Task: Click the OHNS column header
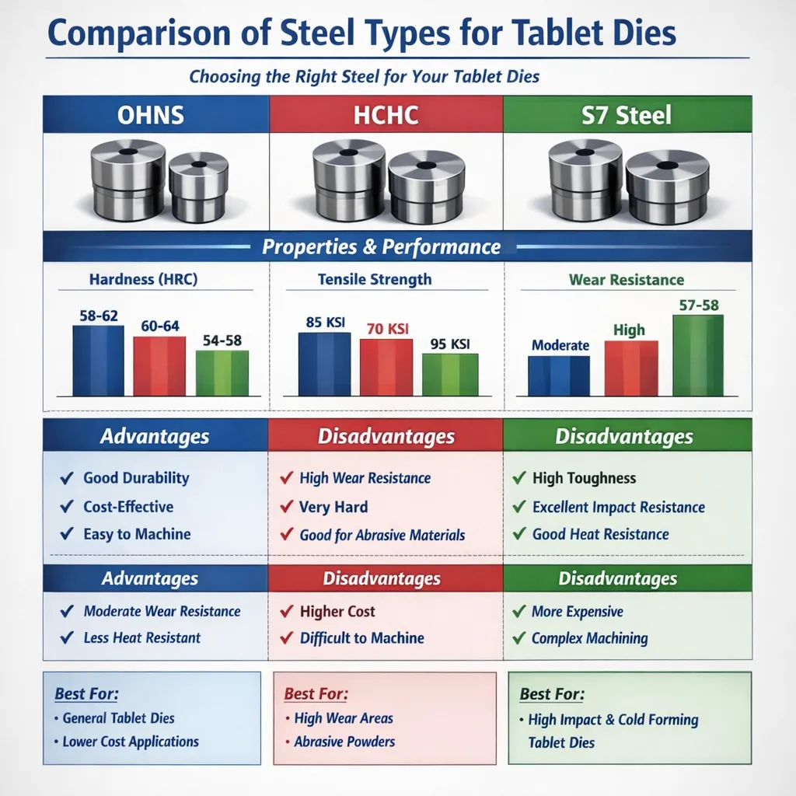(151, 115)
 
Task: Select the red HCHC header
(386, 115)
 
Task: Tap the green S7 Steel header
(627, 115)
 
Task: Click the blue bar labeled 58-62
(98, 361)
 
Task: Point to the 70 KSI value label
(386, 329)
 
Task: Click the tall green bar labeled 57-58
(697, 355)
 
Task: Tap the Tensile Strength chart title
(375, 279)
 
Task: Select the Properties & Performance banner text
(381, 247)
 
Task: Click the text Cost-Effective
(128, 507)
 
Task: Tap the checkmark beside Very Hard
(286, 508)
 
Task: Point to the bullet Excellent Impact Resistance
(618, 508)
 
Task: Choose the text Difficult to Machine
(361, 638)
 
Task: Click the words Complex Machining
(589, 638)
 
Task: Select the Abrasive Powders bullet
(344, 742)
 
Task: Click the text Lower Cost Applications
(130, 742)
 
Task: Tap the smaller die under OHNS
(198, 186)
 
